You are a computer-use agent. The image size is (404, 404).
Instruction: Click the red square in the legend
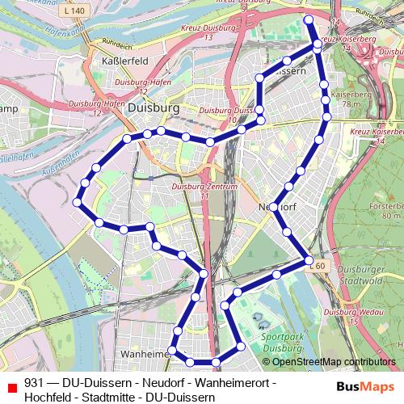[x=11, y=384]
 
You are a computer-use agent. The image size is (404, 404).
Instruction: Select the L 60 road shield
[x=320, y=265]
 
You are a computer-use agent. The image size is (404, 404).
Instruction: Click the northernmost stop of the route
[x=308, y=19]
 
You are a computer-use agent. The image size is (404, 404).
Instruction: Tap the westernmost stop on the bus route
[x=78, y=203]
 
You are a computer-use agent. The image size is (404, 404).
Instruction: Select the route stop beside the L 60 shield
[x=308, y=259]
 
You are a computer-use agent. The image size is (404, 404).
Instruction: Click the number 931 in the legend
[x=33, y=383]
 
